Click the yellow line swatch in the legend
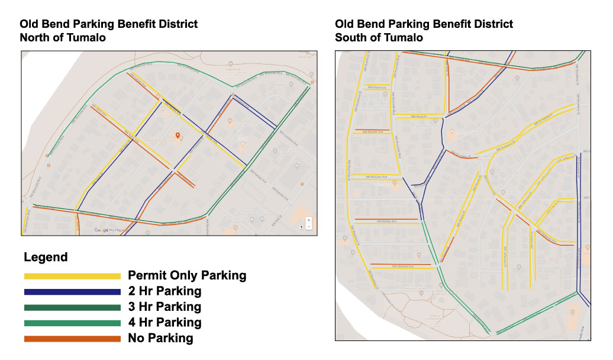72,276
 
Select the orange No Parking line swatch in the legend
72,339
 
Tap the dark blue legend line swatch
72,292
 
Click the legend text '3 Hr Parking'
164,307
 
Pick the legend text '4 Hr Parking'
164,323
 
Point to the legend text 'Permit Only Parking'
187,275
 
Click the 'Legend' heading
46,258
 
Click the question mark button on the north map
301,227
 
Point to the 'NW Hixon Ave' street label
377,87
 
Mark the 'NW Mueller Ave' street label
372,131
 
